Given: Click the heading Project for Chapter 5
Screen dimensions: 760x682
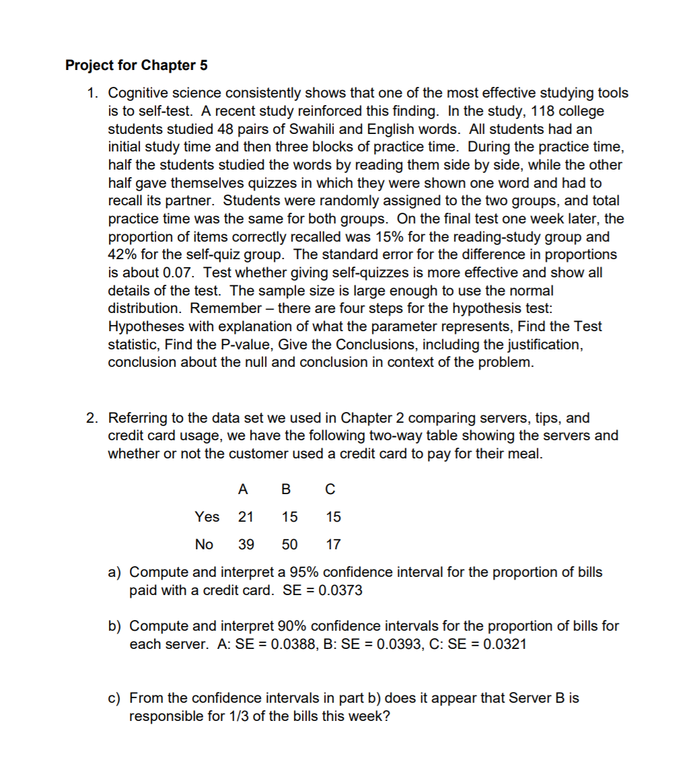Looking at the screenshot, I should [137, 65].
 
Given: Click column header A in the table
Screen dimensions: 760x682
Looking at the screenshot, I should [243, 489].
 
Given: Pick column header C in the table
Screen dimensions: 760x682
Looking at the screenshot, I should [330, 489].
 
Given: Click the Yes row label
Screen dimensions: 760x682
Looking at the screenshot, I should [207, 516].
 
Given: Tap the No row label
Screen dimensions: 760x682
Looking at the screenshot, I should [204, 544].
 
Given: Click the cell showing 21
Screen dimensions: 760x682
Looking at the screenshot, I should [246, 516].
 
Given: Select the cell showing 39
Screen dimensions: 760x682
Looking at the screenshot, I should [246, 544].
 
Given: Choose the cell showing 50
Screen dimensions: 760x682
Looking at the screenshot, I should [290, 544].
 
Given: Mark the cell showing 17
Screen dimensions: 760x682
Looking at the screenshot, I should [333, 544].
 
